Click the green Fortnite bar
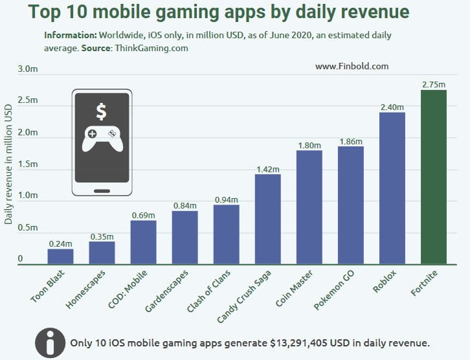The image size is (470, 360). tap(433, 177)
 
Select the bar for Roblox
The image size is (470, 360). tap(392, 188)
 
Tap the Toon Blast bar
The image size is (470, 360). tap(60, 256)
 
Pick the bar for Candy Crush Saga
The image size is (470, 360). tap(267, 219)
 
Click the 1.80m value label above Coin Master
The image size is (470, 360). tap(309, 145)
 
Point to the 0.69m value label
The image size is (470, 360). tap(143, 215)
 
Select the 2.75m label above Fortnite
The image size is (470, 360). tap(433, 84)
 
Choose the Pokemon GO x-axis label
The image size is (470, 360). tap(334, 289)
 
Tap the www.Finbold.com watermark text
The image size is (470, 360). tap(352, 66)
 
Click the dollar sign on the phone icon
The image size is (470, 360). tap(101, 111)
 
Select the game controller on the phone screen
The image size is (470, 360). tap(101, 138)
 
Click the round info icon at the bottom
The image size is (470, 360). tap(50, 343)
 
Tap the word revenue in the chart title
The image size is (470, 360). tap(373, 12)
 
